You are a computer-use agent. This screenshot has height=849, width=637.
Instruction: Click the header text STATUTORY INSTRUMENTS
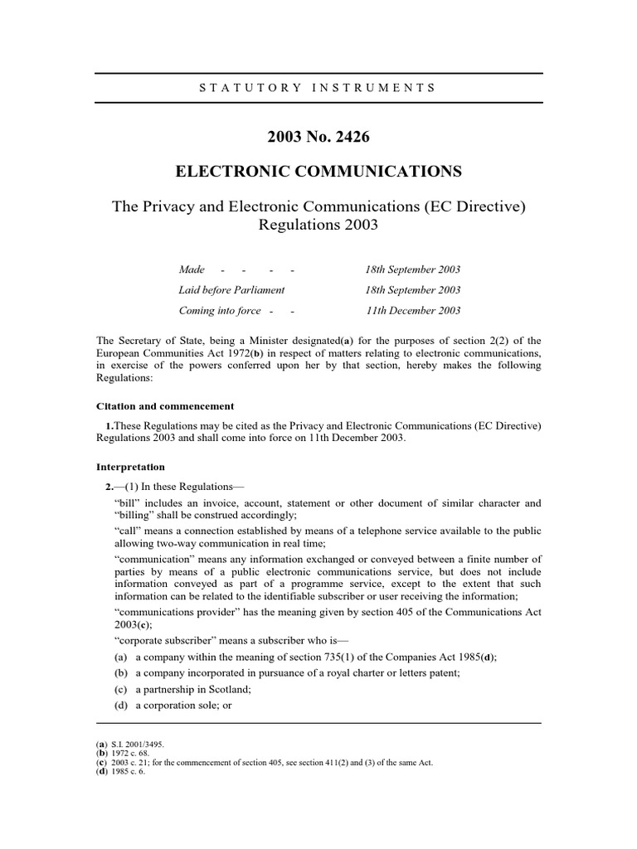coord(318,87)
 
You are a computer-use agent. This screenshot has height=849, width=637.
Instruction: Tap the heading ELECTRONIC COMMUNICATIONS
coord(318,172)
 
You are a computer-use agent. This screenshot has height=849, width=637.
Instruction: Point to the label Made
coord(192,270)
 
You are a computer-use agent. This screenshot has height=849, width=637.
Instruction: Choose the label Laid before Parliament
coord(231,290)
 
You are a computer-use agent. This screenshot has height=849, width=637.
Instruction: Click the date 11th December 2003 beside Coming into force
coord(412,311)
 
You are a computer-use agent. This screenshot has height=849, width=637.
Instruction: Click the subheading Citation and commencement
coord(165,406)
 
